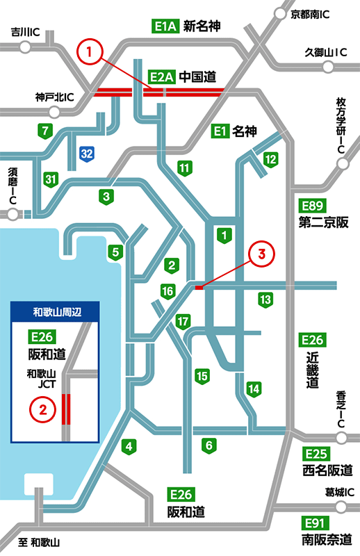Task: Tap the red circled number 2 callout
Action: (43, 408)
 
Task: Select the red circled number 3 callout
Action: (262, 254)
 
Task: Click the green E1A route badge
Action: (165, 28)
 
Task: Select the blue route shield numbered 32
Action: (86, 153)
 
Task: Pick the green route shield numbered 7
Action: (46, 130)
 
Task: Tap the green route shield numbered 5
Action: (115, 251)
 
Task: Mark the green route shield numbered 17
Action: (183, 322)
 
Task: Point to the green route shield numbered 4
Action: (129, 445)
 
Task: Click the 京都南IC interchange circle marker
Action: (280, 13)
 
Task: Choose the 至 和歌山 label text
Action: (41, 542)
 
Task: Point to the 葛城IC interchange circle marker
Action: (342, 505)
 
